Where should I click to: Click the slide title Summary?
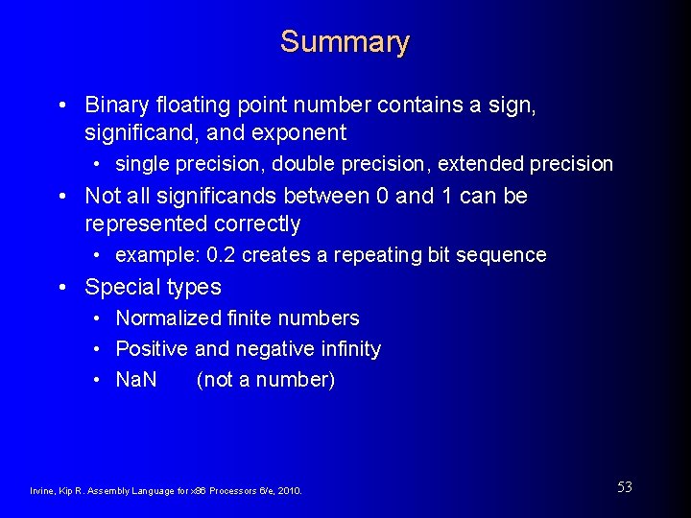click(345, 42)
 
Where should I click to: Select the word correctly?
click(253, 224)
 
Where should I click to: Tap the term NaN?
click(136, 379)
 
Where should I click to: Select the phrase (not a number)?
click(266, 380)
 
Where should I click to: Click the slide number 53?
click(624, 487)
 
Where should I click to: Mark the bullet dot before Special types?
click(61, 287)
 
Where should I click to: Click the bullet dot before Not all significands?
click(61, 197)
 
